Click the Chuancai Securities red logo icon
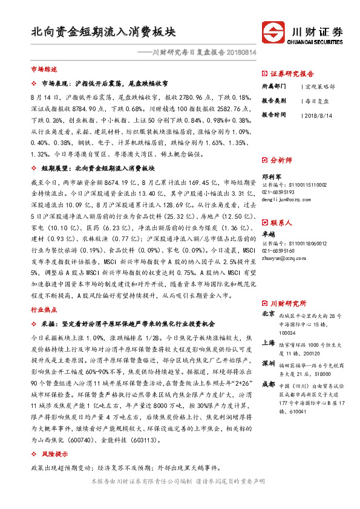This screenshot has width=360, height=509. (272, 31)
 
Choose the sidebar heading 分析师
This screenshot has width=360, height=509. (281, 160)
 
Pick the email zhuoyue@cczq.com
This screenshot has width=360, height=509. (282, 258)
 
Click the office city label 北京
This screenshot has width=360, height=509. (269, 314)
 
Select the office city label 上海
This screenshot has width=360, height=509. (269, 342)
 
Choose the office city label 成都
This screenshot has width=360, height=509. (269, 384)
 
